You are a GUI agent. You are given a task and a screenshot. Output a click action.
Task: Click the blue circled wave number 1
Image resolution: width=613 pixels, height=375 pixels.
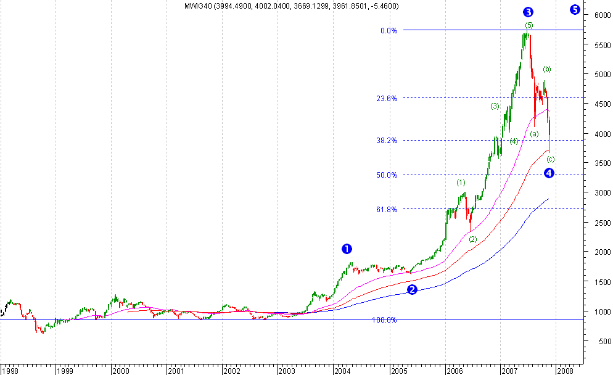point(347,249)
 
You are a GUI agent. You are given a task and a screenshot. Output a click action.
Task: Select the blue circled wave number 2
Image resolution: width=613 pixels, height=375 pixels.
point(412,289)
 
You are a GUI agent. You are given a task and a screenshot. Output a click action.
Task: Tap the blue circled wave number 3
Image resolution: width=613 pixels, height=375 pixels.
point(528,12)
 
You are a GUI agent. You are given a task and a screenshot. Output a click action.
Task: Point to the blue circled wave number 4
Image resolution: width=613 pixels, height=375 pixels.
point(549,173)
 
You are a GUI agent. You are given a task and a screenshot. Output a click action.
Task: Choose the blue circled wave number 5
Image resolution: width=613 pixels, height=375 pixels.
point(575,9)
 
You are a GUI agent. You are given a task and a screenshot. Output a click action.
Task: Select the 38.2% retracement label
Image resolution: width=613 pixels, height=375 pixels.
point(387,140)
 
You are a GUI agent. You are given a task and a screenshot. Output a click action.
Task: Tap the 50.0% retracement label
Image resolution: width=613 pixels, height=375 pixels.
point(387,175)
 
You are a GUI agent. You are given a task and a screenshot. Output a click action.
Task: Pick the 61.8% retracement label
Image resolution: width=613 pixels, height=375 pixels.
point(387,209)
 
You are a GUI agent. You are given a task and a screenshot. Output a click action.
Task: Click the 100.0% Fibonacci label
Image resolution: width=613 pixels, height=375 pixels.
point(384,320)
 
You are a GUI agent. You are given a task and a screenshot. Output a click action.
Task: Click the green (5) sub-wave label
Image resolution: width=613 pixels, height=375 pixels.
point(529,25)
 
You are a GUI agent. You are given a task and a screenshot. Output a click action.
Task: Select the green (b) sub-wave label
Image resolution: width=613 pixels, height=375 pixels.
point(547,69)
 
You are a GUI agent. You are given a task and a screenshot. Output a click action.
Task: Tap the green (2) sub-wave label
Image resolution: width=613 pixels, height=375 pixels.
point(473,239)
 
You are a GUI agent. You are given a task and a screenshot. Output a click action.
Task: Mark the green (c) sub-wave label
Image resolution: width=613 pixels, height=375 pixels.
point(551,159)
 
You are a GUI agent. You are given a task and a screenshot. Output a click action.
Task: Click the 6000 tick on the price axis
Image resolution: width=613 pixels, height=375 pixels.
point(599,15)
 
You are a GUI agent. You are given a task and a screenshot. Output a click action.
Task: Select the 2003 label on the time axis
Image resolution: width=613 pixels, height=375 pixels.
point(287,371)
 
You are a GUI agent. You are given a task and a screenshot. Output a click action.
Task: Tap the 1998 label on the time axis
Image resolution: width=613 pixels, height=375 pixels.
point(10,371)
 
